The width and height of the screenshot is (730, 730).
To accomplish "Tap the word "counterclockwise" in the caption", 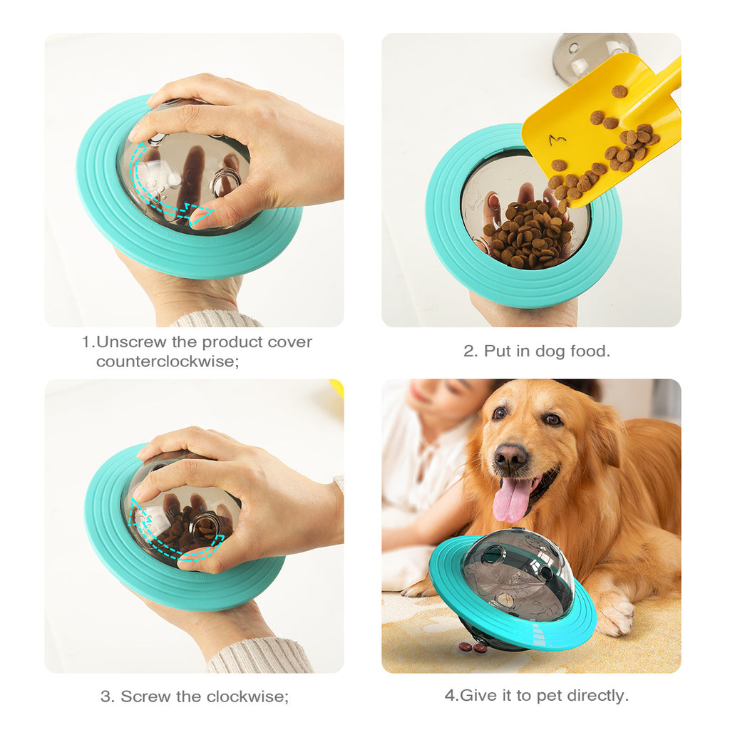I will click(165, 361).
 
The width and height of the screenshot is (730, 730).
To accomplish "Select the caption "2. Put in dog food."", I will click(537, 351).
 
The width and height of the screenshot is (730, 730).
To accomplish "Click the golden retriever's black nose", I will click(510, 456).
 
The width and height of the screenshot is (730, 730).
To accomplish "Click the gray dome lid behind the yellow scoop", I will click(592, 53).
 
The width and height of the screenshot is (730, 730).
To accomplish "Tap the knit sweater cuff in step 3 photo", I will click(260, 656).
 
